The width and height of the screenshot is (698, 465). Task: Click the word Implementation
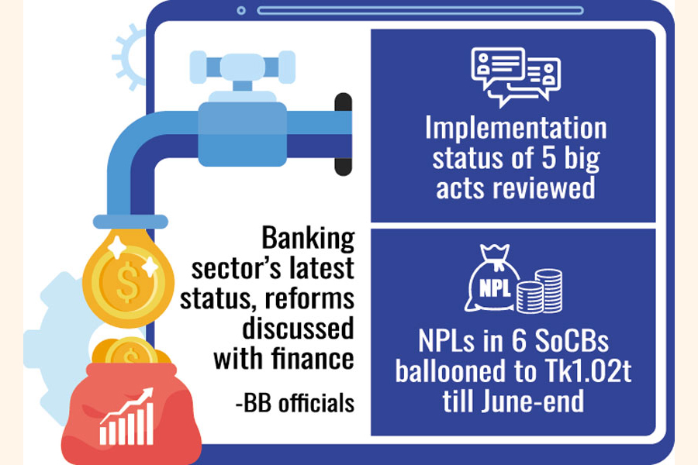516,128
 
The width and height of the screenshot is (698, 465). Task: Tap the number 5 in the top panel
548,157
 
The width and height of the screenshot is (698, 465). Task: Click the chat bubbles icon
516,77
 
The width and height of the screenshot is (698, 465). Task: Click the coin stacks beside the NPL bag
540,291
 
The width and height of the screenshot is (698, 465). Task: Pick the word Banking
308,239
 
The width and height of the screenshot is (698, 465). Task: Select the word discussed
299,329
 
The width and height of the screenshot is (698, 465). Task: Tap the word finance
313,357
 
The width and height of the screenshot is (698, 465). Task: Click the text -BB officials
295,403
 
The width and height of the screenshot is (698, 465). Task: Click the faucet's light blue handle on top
243,67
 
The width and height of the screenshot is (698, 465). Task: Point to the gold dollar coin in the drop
128,281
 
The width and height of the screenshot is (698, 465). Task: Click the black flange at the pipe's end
344,134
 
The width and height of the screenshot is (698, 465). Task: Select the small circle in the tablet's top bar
241,10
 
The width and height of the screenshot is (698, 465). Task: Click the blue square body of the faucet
243,134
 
